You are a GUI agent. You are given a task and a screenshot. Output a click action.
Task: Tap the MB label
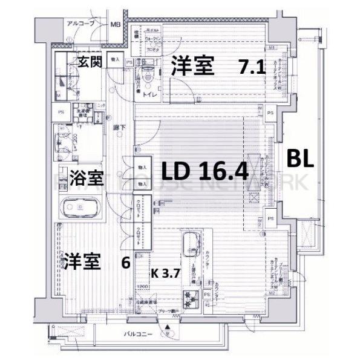[116, 25]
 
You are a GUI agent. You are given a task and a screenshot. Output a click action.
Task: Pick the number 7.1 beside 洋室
[252, 67]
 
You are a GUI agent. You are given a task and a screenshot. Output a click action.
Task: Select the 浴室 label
[84, 178]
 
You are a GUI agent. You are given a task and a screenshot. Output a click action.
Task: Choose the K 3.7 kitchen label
[162, 273]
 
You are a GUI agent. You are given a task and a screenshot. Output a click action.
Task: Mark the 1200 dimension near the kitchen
[143, 287]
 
